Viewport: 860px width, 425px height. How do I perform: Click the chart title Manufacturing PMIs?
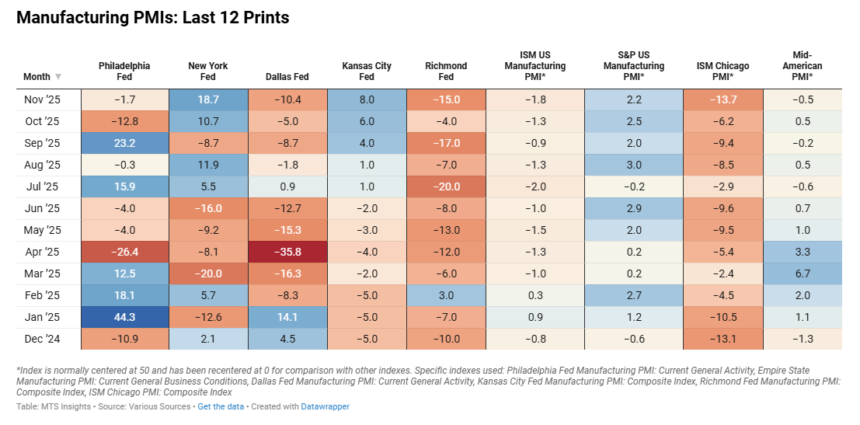[152, 18]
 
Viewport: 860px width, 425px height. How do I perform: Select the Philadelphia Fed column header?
[124, 71]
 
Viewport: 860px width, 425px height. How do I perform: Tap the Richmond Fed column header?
[445, 71]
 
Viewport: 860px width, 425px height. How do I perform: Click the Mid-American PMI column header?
[803, 66]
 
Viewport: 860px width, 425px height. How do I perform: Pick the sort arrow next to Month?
[58, 77]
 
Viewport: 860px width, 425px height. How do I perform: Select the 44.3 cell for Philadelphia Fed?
[124, 316]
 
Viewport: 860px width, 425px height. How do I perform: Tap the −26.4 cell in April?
[124, 251]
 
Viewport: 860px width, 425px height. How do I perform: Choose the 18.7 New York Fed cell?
[207, 99]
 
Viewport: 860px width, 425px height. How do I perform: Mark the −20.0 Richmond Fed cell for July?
[445, 186]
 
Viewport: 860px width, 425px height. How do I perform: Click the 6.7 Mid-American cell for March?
[803, 273]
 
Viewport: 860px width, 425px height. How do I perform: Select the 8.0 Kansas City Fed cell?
[367, 99]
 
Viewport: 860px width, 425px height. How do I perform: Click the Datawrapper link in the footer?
[325, 406]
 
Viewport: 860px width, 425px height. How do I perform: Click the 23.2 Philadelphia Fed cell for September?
[124, 143]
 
